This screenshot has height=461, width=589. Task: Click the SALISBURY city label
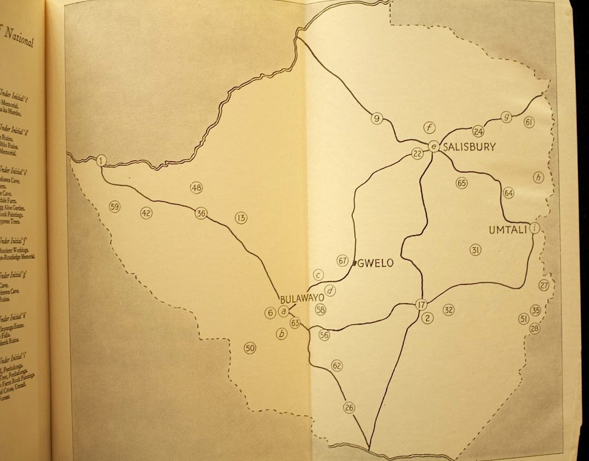[469, 146]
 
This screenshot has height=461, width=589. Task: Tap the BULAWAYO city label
[302, 299]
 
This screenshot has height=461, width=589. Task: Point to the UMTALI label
[508, 230]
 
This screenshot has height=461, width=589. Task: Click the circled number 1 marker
[101, 161]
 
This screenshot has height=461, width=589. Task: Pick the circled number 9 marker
[377, 118]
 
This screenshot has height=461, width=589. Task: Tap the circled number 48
[196, 188]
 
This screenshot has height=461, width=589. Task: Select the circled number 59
[114, 207]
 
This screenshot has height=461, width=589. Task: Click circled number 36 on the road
[201, 213]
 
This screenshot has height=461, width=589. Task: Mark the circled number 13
[241, 218]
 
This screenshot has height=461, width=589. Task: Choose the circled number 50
[249, 348]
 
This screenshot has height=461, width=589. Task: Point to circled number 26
[349, 407]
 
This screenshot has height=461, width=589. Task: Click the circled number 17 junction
[421, 304]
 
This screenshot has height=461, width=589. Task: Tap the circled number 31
[475, 250]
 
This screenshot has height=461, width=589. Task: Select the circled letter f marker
[430, 128]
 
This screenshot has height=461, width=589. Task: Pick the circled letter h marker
[538, 177]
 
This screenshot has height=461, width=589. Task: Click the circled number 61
[529, 122]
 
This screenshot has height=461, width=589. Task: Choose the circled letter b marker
[281, 334]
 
